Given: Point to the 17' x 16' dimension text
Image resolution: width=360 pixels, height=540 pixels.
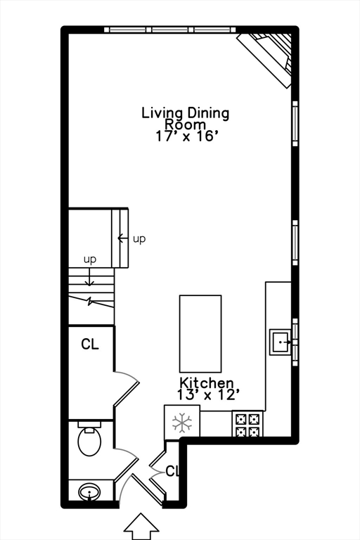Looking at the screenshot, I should [185, 136].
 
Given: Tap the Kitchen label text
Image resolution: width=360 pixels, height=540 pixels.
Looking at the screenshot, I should [205, 383].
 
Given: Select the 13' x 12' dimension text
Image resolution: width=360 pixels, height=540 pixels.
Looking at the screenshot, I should [205, 395].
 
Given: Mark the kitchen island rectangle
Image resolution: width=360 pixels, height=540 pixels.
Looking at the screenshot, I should [200, 333].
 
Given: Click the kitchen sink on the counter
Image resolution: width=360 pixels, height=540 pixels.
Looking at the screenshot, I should [281, 343].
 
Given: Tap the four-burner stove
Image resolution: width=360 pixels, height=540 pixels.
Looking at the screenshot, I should [247, 424].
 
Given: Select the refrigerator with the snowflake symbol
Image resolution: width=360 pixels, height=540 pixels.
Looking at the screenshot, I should [182, 423].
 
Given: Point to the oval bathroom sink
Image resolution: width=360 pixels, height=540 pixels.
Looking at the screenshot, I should [89, 491].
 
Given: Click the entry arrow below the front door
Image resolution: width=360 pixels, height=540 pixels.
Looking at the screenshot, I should [142, 526].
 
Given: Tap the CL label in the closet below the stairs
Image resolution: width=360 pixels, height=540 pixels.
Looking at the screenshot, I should [89, 345].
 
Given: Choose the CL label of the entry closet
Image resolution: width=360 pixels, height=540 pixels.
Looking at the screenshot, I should [173, 471].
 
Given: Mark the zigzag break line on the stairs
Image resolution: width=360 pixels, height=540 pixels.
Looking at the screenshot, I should [90, 302].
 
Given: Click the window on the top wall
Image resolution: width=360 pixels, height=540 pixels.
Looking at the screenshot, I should [169, 30].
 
